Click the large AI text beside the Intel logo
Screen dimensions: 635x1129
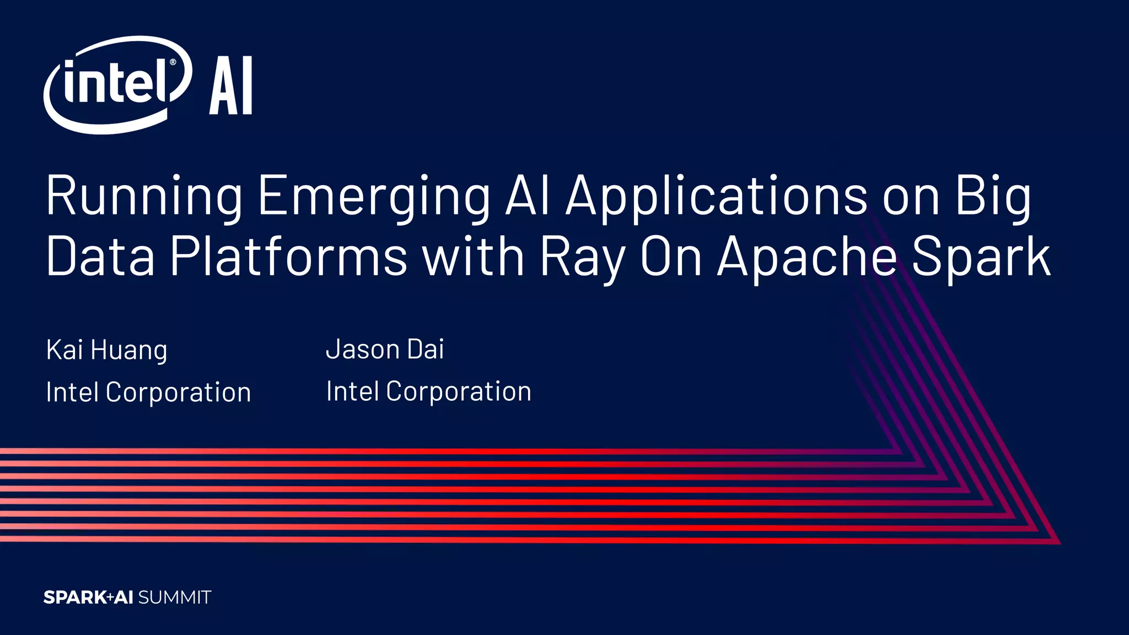coord(230,85)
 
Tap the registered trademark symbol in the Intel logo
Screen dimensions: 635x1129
coord(173,62)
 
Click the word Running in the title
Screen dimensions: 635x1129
coord(144,196)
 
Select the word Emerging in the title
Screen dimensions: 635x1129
coord(374,196)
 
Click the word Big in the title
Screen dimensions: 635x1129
coord(992,196)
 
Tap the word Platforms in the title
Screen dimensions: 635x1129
coord(288,257)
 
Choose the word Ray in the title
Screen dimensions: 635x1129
coord(582,257)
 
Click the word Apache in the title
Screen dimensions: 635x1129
coord(807,257)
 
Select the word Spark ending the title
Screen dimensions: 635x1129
coord(981,257)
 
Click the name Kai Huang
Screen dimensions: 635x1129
coord(106,350)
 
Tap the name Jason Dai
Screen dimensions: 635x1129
coord(385,349)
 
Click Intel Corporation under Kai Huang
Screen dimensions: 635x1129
coord(148,392)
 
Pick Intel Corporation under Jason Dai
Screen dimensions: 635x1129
coord(428,391)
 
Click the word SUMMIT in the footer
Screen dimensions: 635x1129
coord(175,598)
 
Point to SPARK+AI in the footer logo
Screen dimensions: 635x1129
coord(88,598)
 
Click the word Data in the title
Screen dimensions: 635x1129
coord(100,257)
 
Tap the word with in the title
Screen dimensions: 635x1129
coord(473,257)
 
